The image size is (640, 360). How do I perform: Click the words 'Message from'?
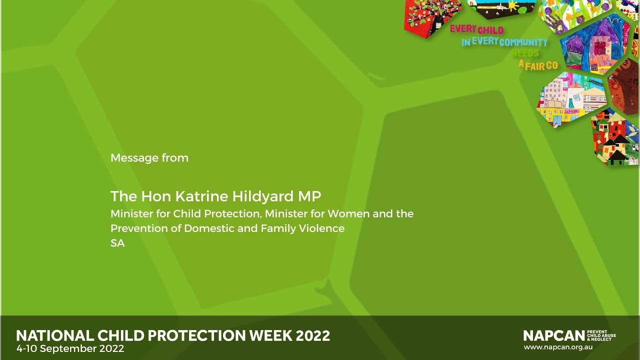(x=149, y=158)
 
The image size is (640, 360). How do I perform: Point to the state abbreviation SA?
(x=117, y=243)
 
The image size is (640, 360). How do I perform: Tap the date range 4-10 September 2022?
(x=70, y=348)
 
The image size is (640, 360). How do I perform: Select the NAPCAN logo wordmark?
(x=554, y=335)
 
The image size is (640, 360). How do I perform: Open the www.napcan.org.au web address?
(x=558, y=346)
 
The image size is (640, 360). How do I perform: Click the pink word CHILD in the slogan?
(x=490, y=30)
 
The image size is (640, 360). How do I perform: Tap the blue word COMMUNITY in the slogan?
(x=523, y=42)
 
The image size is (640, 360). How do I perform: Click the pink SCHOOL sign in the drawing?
(x=572, y=111)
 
